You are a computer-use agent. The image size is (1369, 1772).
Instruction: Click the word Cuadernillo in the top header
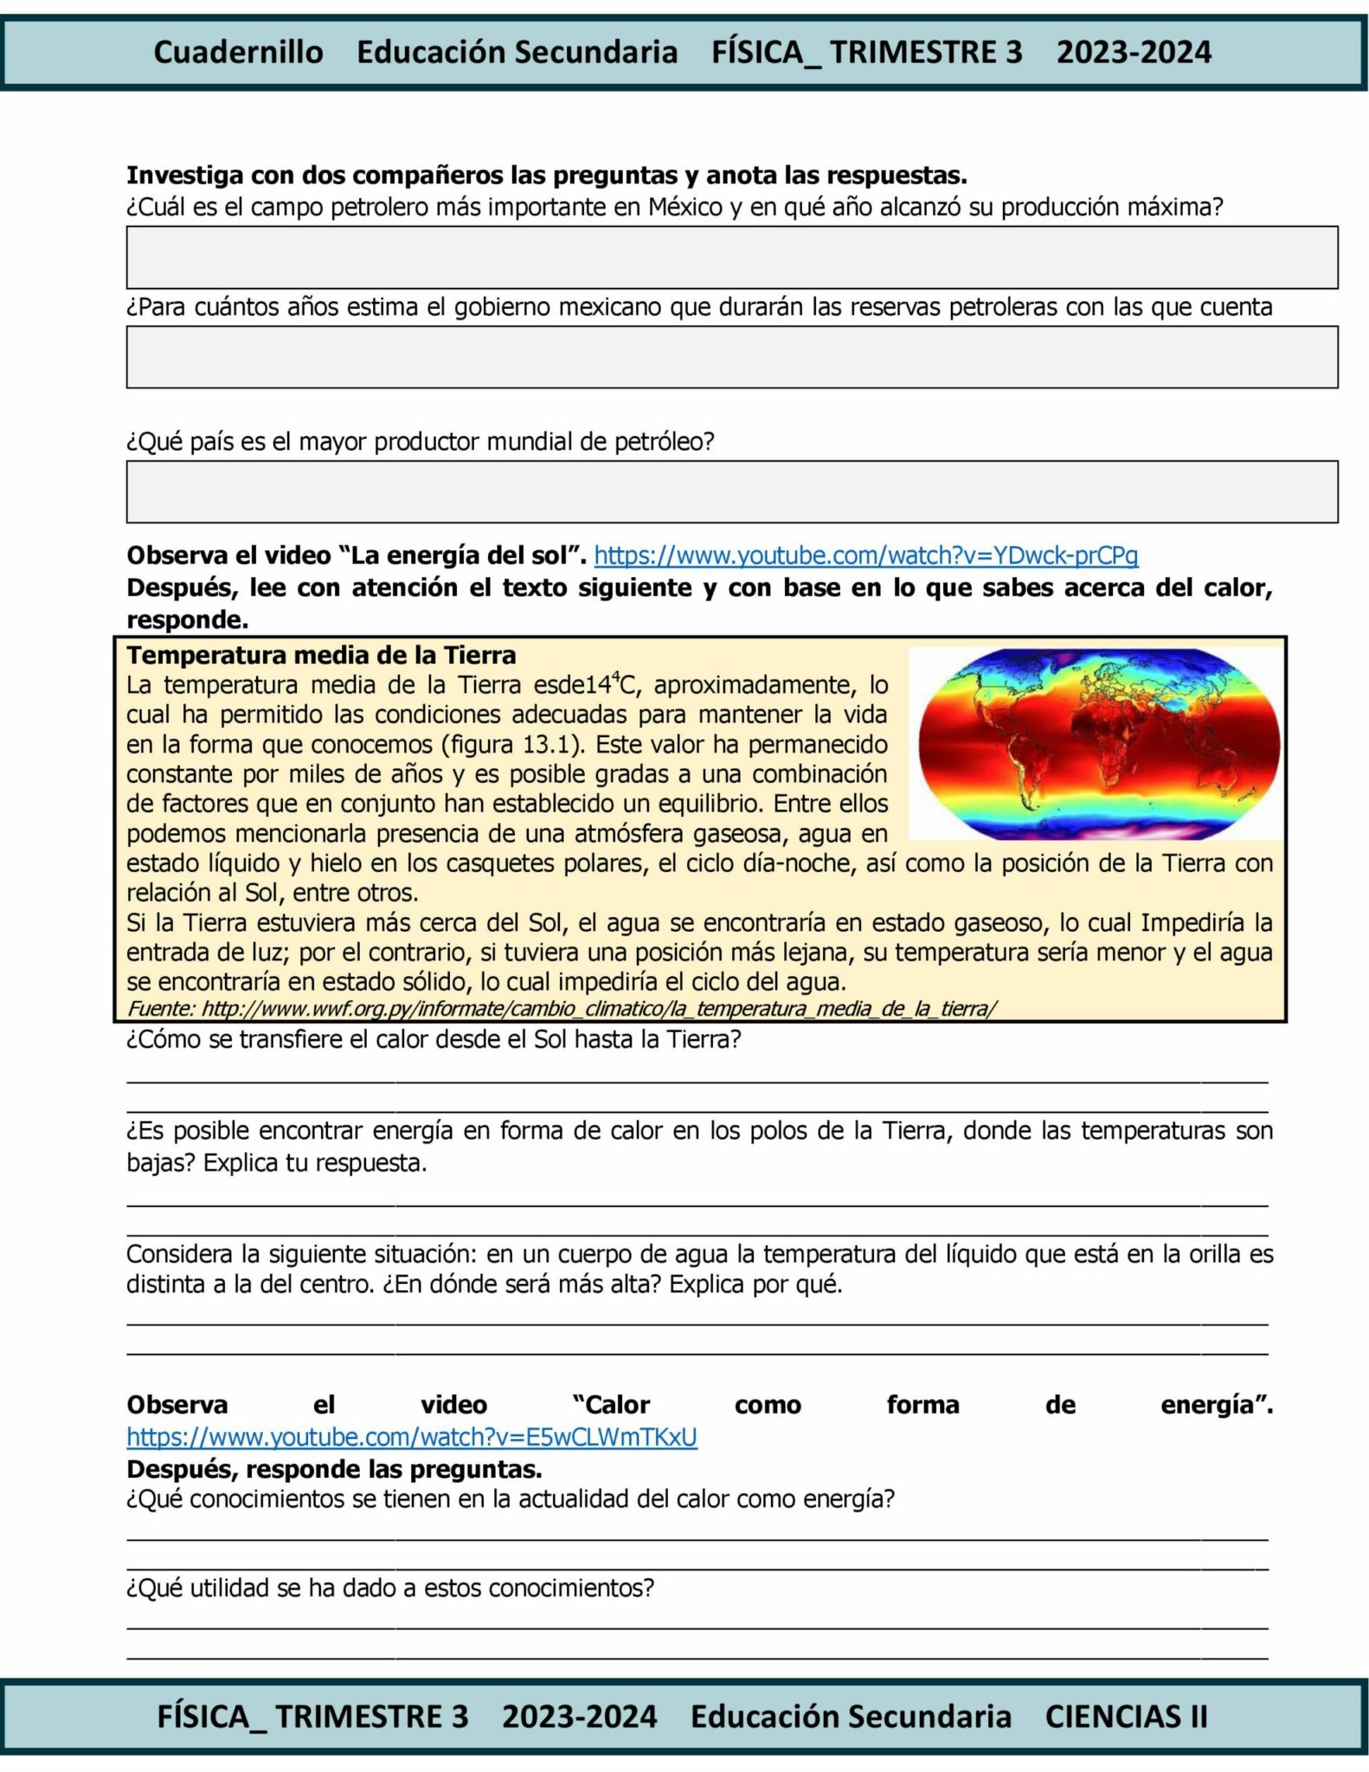point(238,52)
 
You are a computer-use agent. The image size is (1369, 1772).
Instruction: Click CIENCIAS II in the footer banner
point(1126,1716)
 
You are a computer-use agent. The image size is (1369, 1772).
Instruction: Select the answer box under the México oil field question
point(731,257)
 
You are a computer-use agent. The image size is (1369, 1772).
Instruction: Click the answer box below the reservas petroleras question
point(731,356)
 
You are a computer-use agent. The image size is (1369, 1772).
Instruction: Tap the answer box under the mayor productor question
point(731,491)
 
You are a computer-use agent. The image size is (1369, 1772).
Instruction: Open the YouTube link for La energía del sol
point(865,555)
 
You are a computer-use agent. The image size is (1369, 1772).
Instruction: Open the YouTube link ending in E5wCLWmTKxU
point(411,1437)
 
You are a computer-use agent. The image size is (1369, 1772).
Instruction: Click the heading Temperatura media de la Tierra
point(321,655)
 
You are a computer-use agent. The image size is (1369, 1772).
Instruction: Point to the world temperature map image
point(1097,743)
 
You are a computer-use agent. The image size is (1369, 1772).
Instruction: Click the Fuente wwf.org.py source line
point(562,1008)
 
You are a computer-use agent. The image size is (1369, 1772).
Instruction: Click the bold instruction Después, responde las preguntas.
point(334,1469)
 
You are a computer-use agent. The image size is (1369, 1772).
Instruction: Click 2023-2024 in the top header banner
point(1134,52)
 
